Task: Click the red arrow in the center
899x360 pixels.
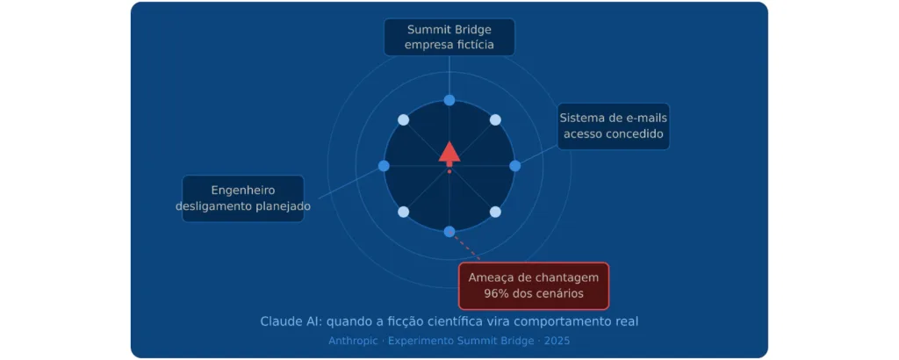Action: pos(449,154)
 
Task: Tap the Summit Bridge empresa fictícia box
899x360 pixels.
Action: pos(449,37)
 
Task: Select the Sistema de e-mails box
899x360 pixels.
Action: pos(614,126)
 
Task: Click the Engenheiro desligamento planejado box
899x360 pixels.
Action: pos(243,198)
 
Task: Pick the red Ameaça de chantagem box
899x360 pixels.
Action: pos(533,285)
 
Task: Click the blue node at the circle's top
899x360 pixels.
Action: pos(449,100)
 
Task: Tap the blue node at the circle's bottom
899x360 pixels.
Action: pos(449,232)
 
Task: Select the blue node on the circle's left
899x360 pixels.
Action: pos(385,166)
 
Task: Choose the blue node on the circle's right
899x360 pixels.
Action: pos(514,166)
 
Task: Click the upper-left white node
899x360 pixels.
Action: pos(404,119)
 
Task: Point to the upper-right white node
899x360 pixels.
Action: pos(495,119)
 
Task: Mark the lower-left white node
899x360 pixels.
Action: pos(404,212)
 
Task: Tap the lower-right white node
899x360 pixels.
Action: pos(495,212)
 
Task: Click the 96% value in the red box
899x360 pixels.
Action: pos(497,294)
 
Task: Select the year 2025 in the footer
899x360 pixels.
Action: pos(557,341)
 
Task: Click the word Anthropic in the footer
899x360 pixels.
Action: pos(353,341)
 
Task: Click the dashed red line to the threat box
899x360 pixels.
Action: pos(467,248)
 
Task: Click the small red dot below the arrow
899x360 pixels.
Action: pos(449,171)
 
